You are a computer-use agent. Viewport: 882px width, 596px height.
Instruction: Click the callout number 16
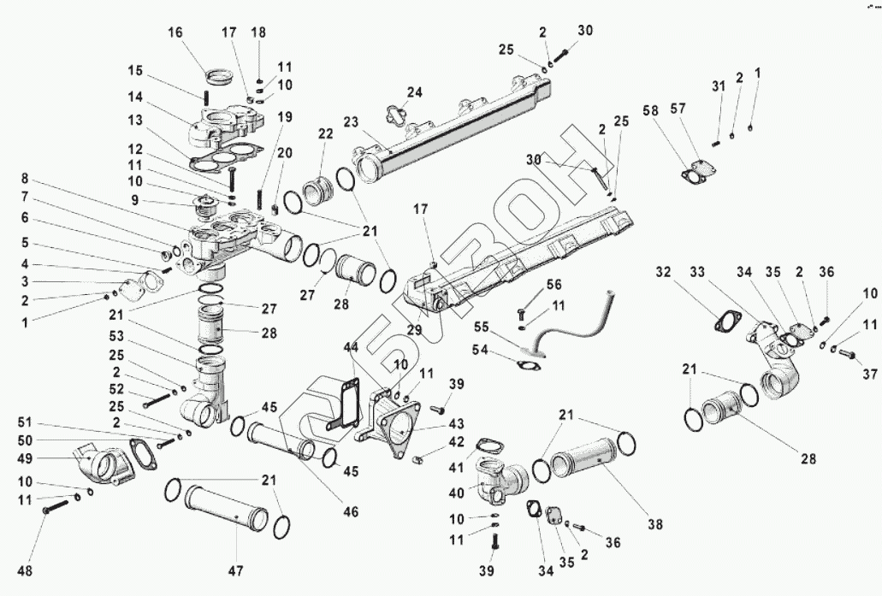tap(175, 33)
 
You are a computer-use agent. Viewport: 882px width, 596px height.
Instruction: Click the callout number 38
tap(654, 524)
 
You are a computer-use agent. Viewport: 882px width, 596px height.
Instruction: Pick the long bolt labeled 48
tap(53, 509)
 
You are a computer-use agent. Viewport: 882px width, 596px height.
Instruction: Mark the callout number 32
tap(665, 274)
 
